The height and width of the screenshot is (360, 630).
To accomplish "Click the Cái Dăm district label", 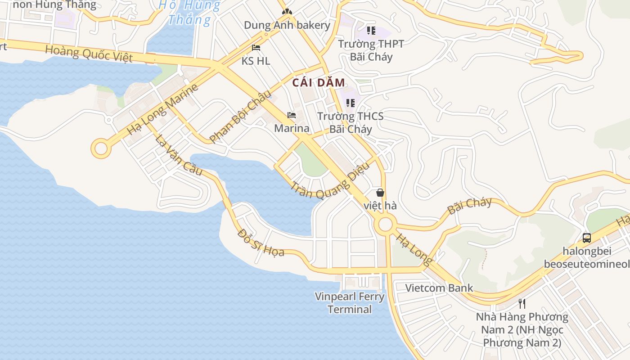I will coord(319,83).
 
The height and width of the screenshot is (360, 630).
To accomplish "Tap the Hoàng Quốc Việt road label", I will coord(89,54).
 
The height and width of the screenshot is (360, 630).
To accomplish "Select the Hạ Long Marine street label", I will coord(162,110).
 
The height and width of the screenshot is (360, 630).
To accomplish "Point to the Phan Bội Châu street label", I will coord(241,117).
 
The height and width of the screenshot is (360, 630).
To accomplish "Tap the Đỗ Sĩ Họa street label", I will coord(261,243).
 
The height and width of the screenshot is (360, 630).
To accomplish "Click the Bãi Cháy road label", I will coord(469,206).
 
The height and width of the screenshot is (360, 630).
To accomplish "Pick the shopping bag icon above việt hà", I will coord(380,193).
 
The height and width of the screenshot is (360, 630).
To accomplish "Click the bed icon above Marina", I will coord(292,115).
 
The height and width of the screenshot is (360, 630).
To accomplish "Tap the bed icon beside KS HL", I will coord(256,48).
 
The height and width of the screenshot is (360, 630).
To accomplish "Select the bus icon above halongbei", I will coord(587,238).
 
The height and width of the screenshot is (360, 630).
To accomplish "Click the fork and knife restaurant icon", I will coord(522,303).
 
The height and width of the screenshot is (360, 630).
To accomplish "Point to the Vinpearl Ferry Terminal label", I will coord(350,303).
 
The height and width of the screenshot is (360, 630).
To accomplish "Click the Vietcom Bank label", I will coord(439,288).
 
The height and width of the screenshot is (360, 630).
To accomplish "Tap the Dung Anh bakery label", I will coord(287,25).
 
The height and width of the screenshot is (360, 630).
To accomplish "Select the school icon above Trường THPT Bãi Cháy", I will coord(371,31).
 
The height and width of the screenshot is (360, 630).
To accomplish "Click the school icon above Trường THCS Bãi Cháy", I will coord(351,103).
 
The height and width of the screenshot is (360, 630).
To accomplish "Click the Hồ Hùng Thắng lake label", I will coord(189,13).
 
